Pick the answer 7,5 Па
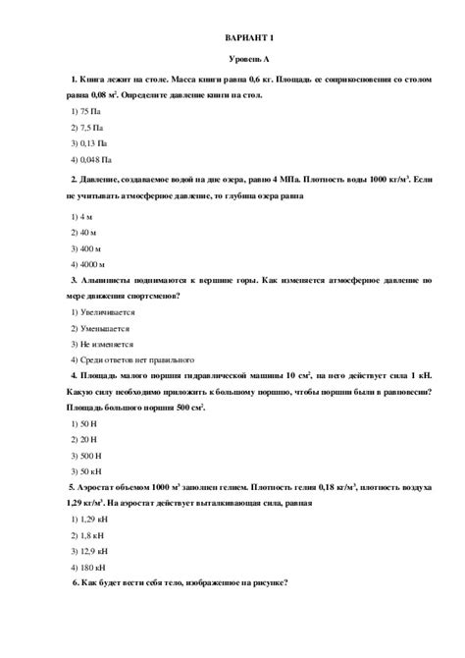87,128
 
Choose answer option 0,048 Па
91,159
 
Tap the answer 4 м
83,216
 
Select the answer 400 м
87,248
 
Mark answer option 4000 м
89,264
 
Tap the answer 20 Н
85,439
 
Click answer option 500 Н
87,455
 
